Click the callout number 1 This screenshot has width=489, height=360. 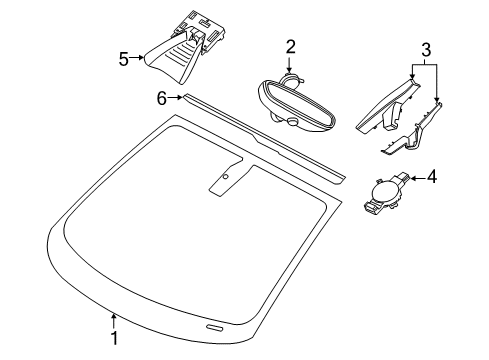tap(114, 338)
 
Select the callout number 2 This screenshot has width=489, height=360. tap(291, 47)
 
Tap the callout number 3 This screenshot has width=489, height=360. tap(426, 50)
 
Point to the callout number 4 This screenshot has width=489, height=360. tap(432, 176)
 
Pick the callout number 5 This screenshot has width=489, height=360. tap(124, 60)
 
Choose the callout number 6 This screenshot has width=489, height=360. tap(162, 98)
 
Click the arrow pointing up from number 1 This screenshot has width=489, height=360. tap(114, 321)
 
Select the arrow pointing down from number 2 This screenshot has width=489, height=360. tap(289, 65)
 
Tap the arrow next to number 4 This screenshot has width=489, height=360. tap(418, 178)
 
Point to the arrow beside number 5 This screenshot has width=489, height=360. tap(137, 58)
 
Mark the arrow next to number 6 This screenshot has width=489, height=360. tap(175, 97)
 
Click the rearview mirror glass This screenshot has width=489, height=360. tap(297, 103)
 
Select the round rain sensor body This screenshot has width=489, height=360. tap(384, 192)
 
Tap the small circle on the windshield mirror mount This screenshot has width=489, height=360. tap(226, 176)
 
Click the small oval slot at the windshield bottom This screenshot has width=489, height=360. tap(214, 327)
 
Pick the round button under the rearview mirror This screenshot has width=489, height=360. tap(293, 121)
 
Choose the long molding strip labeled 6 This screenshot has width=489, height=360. tap(263, 138)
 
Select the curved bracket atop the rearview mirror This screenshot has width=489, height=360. tap(291, 79)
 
